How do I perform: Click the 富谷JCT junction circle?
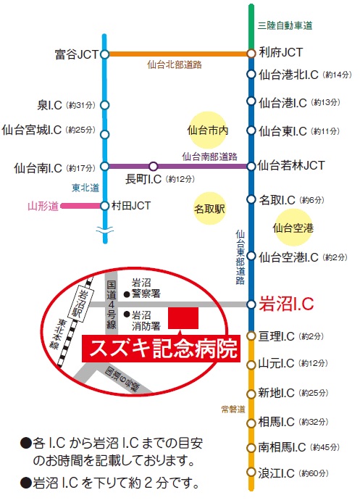[x=104, y=54]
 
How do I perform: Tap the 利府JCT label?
[x=281, y=52]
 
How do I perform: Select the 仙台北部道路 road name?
[x=175, y=65]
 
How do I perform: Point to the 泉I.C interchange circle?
[x=104, y=105]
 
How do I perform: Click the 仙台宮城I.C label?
[x=31, y=130]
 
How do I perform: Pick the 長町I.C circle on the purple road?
[x=154, y=166]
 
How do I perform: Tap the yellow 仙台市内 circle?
[x=208, y=130]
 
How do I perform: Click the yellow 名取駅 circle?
[x=209, y=209]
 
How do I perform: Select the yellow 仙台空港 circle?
[x=293, y=228]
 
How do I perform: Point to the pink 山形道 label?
[x=43, y=206]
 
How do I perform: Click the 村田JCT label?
[x=131, y=206]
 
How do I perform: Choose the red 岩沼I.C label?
[x=286, y=304]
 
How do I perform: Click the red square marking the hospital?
[x=183, y=318]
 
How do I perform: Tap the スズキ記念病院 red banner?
[x=162, y=349]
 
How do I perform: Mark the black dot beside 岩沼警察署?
[x=127, y=294]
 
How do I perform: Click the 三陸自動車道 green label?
[x=285, y=25]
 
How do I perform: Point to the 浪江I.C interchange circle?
[x=251, y=472]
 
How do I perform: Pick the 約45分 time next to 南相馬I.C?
[x=325, y=447]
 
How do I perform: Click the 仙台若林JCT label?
[x=291, y=165]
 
